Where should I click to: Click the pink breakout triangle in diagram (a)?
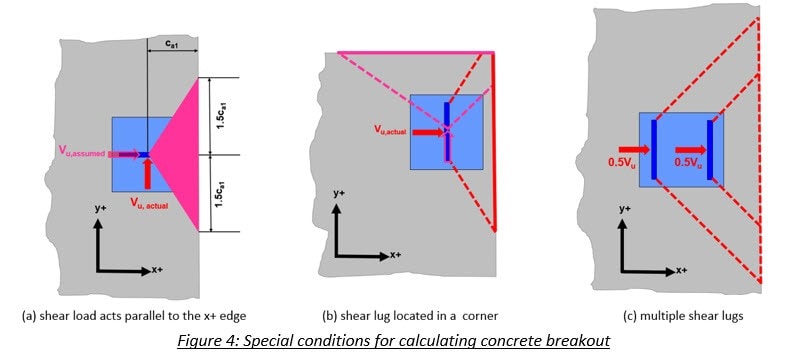click(180, 155)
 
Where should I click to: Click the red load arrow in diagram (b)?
click(426, 132)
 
